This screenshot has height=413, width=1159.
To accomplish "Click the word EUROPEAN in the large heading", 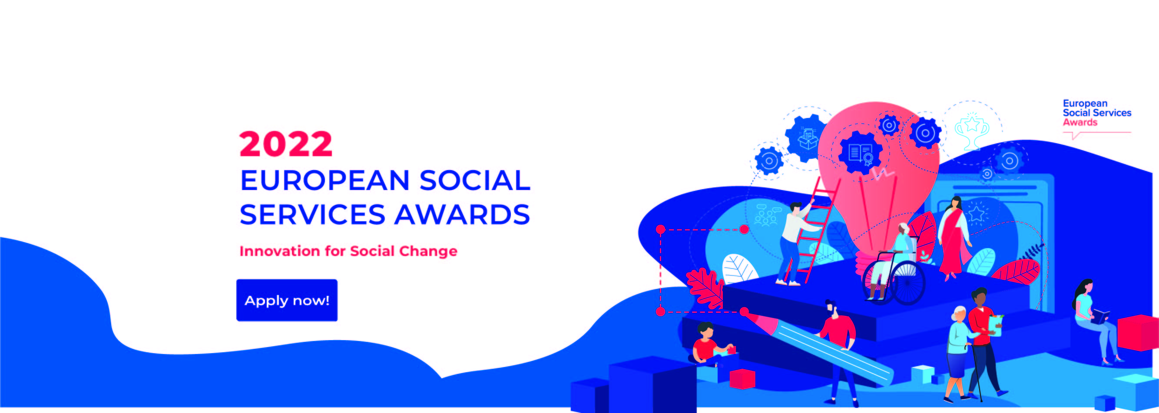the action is pyautogui.click(x=325, y=180).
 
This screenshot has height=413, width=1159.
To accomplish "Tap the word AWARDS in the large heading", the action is pyautogui.click(x=462, y=214).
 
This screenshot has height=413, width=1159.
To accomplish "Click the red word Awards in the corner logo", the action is pyautogui.click(x=1080, y=122).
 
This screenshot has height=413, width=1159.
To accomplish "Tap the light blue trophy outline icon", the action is pyautogui.click(x=972, y=131).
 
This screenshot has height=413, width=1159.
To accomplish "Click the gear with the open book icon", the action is pyautogui.click(x=860, y=152).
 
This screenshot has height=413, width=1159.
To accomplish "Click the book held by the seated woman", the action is pyautogui.click(x=1100, y=316).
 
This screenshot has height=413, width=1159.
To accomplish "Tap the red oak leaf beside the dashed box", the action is pyautogui.click(x=705, y=288).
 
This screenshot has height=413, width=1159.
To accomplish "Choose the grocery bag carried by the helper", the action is pyautogui.click(x=995, y=325).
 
